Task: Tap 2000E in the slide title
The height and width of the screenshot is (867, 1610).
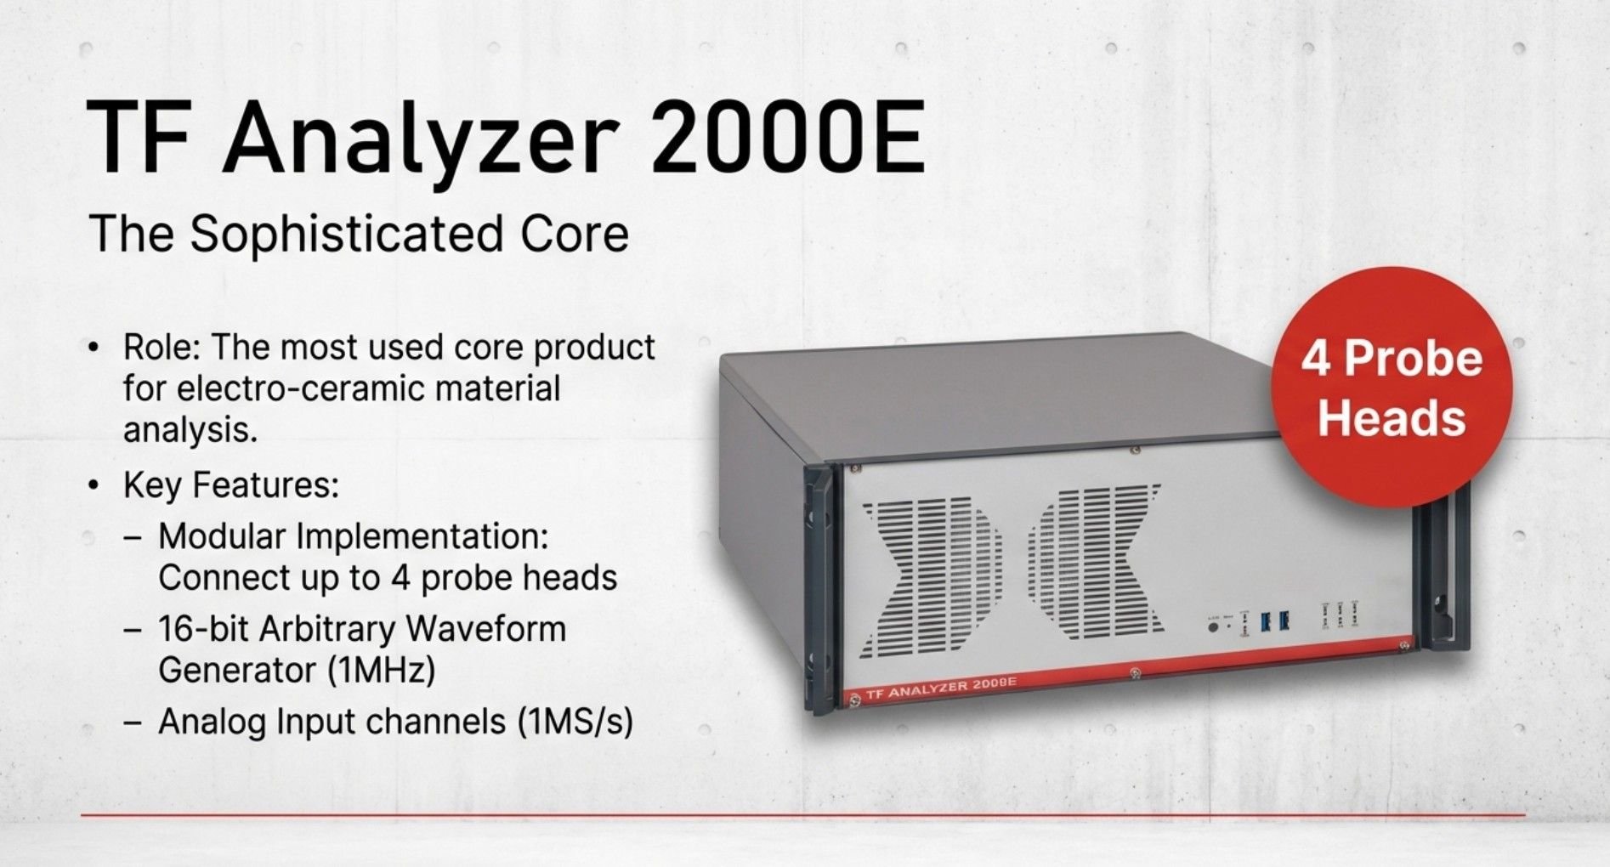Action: click(787, 137)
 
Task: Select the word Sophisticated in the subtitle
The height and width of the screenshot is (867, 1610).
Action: click(347, 235)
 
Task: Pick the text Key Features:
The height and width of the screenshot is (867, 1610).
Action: click(231, 485)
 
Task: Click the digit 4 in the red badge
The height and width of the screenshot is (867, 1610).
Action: click(1316, 359)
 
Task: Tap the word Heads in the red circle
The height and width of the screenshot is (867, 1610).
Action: click(1392, 418)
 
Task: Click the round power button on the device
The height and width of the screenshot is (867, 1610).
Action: click(1213, 626)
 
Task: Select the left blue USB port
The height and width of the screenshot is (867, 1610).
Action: click(1266, 621)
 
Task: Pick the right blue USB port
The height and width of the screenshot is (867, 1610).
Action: click(1284, 620)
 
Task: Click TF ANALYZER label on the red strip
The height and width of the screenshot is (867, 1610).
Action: click(941, 688)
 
